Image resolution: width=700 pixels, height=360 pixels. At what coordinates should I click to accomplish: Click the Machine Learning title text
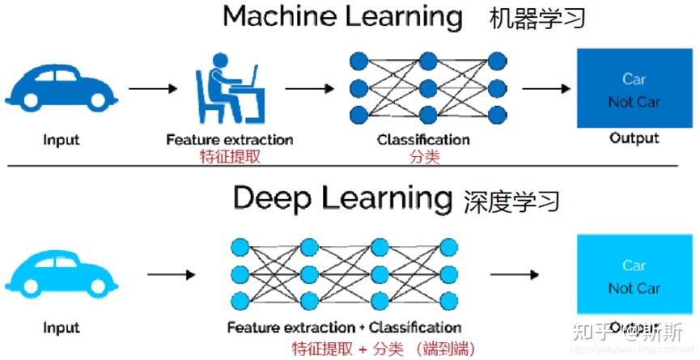pyautogui.click(x=343, y=16)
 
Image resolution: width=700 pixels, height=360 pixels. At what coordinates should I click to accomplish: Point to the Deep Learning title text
pyautogui.click(x=342, y=197)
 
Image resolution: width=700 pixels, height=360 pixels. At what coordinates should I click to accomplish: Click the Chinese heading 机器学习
pyautogui.click(x=537, y=18)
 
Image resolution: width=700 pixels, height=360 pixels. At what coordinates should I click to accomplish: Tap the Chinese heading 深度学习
pyautogui.click(x=512, y=200)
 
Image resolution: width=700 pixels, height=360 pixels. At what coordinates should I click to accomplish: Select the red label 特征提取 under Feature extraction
pyautogui.click(x=230, y=157)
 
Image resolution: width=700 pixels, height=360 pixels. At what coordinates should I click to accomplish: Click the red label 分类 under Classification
pyautogui.click(x=423, y=157)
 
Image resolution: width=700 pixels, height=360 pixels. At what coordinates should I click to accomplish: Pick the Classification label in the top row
pyautogui.click(x=423, y=139)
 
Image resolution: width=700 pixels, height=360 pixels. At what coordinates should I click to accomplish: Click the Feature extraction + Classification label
pyautogui.click(x=344, y=328)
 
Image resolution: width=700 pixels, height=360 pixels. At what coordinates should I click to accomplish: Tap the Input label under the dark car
pyautogui.click(x=62, y=139)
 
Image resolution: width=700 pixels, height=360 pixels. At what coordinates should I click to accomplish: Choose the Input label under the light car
pyautogui.click(x=62, y=328)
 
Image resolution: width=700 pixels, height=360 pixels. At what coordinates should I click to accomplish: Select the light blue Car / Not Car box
pyautogui.click(x=634, y=274)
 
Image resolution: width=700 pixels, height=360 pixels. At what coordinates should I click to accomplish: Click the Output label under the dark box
pyautogui.click(x=634, y=138)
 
